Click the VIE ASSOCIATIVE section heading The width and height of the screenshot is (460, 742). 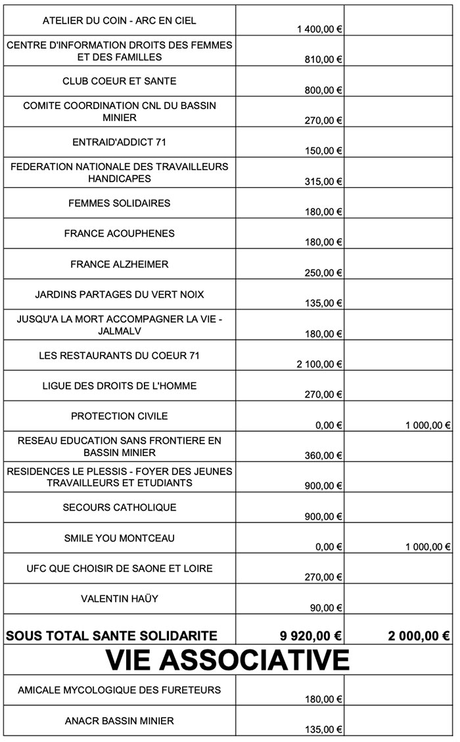click(x=227, y=659)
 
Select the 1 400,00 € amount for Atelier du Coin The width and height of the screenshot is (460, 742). click(x=321, y=30)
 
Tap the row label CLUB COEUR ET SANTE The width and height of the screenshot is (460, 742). click(x=120, y=81)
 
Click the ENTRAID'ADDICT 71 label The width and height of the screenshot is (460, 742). click(x=120, y=142)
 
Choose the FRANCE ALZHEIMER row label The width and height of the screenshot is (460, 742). click(x=120, y=264)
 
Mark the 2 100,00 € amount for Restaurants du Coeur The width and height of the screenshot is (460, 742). click(x=321, y=364)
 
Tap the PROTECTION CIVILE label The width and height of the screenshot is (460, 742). click(x=120, y=416)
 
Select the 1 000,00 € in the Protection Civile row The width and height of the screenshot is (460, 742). click(x=428, y=425)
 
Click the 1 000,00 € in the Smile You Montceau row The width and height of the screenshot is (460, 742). click(x=428, y=547)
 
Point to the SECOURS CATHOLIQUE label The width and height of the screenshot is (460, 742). click(x=120, y=507)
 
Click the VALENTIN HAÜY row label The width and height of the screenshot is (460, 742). click(x=120, y=599)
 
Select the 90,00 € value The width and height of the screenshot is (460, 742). click(x=326, y=608)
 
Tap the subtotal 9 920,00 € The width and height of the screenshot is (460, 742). click(x=311, y=636)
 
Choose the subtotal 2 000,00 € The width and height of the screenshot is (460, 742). click(x=418, y=636)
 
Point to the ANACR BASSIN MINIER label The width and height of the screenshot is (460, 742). click(x=120, y=721)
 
